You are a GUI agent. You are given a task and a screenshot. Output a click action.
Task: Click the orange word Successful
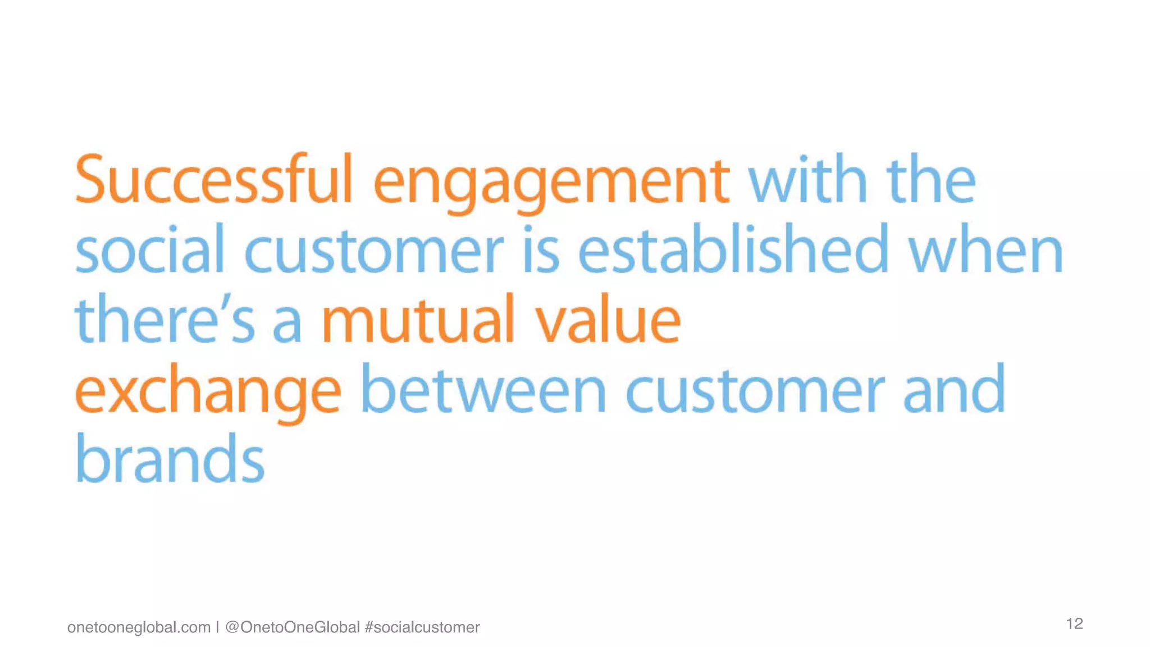tap(213, 180)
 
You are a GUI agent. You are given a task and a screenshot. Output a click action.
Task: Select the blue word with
tap(808, 180)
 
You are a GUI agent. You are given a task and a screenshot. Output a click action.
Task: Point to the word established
tap(733, 249)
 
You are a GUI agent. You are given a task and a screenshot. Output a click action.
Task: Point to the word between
tap(483, 389)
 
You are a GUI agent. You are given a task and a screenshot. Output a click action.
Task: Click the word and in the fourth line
tap(954, 389)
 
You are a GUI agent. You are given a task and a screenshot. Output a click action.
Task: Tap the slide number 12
tap(1074, 623)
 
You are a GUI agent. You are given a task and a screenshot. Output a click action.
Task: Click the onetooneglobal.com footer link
tap(139, 627)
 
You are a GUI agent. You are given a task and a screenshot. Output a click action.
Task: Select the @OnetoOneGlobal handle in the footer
tap(292, 627)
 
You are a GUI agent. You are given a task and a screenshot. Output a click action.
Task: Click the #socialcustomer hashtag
tap(422, 627)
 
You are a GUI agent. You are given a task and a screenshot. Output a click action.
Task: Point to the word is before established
tap(541, 249)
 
